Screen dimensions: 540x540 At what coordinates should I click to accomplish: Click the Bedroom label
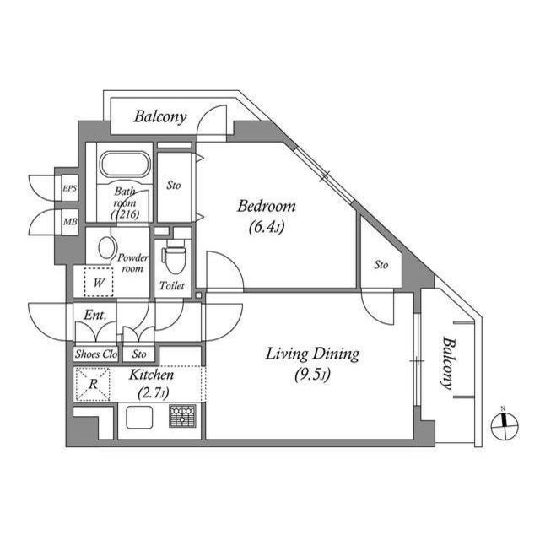[x=267, y=206]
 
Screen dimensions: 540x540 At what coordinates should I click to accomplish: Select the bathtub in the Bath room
[x=124, y=165]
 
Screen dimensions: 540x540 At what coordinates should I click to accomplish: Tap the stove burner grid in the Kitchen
[x=181, y=416]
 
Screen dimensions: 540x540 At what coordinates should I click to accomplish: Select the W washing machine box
[x=99, y=282]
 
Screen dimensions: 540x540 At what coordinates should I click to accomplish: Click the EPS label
[x=69, y=189]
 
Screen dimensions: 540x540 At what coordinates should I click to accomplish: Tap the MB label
[x=69, y=223]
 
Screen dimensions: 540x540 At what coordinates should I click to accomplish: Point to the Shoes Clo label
[x=96, y=354]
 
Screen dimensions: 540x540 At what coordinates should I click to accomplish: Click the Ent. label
[x=94, y=316]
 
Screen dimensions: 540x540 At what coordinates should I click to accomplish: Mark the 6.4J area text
[x=267, y=226]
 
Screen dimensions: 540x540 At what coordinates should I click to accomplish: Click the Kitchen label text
[x=152, y=375]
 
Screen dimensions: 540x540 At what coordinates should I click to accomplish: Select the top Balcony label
[x=160, y=116]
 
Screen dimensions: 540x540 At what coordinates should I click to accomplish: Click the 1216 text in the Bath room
[x=125, y=214]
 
